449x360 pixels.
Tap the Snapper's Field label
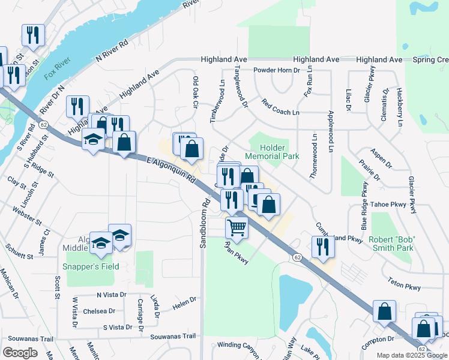(x=91, y=266)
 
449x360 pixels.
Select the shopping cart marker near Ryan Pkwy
(x=237, y=228)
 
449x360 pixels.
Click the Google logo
(x=20, y=353)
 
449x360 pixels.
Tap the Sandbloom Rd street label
(x=203, y=224)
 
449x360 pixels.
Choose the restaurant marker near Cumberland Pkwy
(x=323, y=247)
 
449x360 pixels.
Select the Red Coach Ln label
(x=280, y=108)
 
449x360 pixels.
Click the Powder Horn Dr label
(x=276, y=70)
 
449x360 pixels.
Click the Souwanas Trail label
(x=173, y=337)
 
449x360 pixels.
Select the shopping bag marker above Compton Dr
(x=384, y=311)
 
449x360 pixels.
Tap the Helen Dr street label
(x=185, y=303)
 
